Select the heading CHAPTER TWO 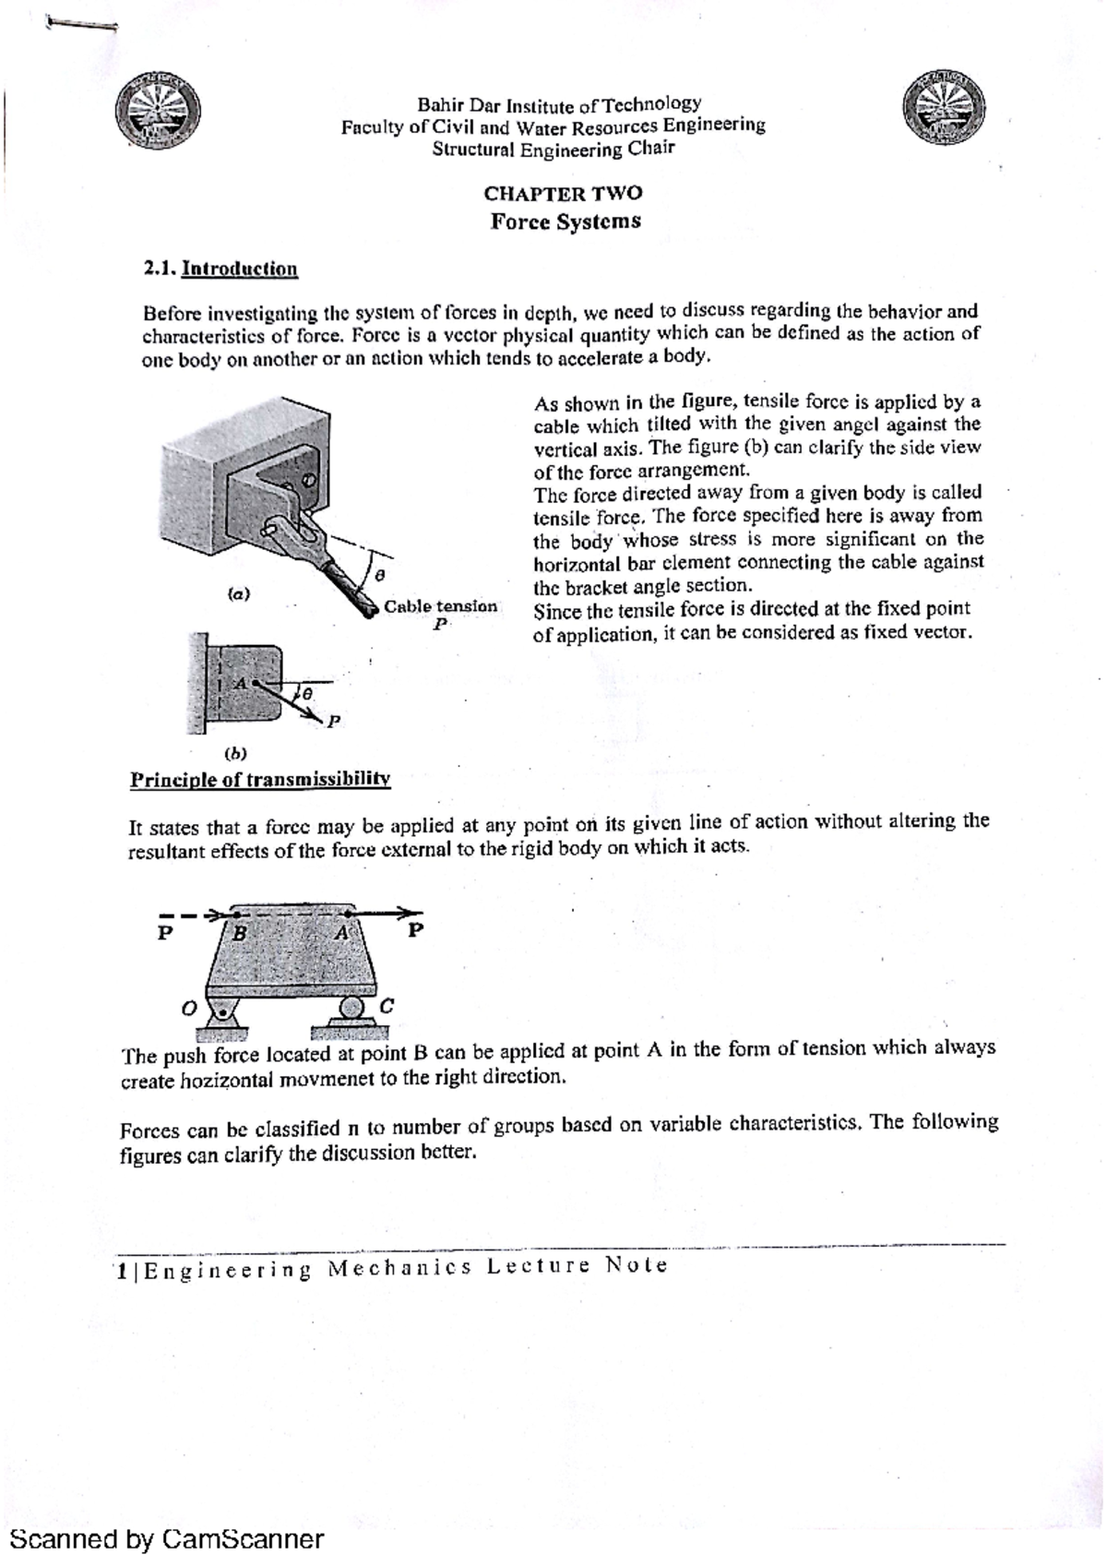pyautogui.click(x=563, y=194)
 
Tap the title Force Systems pyautogui.click(x=565, y=221)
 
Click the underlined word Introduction pyautogui.click(x=240, y=269)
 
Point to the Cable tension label pyautogui.click(x=440, y=607)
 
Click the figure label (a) pyautogui.click(x=239, y=595)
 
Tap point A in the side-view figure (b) pyautogui.click(x=241, y=683)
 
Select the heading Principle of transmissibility pyautogui.click(x=260, y=779)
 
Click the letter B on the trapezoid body pyautogui.click(x=240, y=932)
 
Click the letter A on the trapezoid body pyautogui.click(x=340, y=932)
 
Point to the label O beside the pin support pyautogui.click(x=188, y=1010)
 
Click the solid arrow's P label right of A pyautogui.click(x=416, y=929)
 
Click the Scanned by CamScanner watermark pyautogui.click(x=166, y=1538)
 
